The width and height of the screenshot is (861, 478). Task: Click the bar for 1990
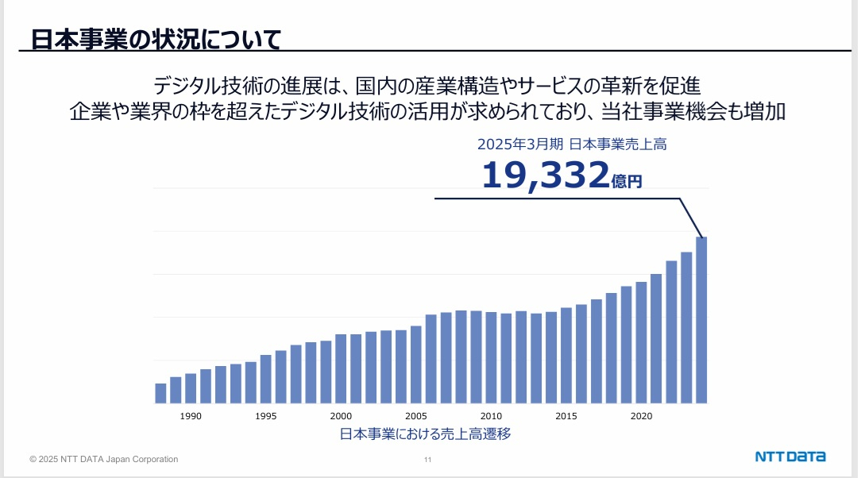click(191, 388)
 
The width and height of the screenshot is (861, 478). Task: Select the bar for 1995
click(266, 379)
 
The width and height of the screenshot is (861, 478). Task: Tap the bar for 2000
click(341, 368)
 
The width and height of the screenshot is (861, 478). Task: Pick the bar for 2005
click(416, 364)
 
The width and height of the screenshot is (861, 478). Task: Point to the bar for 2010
click(491, 357)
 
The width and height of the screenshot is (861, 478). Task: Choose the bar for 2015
click(566, 355)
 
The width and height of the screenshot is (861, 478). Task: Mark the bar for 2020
click(641, 342)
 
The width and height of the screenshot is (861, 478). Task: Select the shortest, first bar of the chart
click(160, 393)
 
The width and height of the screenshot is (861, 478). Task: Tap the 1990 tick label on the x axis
click(191, 416)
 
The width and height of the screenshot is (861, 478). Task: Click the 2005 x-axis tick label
click(416, 416)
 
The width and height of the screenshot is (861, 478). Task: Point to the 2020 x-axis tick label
click(641, 416)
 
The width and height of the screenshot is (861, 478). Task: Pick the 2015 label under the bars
click(566, 416)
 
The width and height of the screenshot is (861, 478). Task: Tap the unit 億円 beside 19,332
click(627, 182)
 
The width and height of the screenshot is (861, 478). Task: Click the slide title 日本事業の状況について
click(156, 39)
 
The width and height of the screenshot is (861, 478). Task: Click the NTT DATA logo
click(790, 457)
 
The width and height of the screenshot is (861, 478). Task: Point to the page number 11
click(428, 460)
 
